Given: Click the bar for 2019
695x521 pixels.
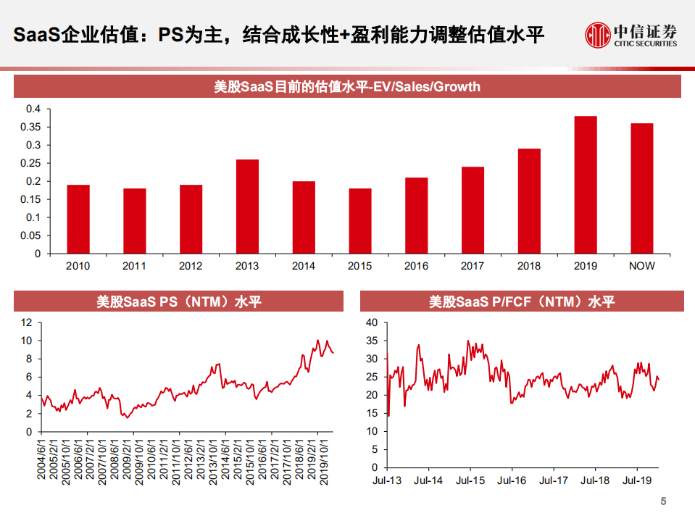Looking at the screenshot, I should pos(585,185).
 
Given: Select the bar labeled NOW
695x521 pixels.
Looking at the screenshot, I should pos(641,188).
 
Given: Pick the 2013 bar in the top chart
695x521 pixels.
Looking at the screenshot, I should pos(247,207).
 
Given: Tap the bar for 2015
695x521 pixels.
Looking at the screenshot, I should pos(359,221).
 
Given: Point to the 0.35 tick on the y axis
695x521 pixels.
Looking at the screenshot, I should pos(33,127).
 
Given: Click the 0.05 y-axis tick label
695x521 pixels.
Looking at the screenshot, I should pos(33,236).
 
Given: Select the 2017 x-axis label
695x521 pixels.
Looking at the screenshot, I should pos(473,266).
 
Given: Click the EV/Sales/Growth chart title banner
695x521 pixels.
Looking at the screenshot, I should pos(347,87).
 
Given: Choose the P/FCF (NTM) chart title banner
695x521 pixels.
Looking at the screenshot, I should pos(522,301).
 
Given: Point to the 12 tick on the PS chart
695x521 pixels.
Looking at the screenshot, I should pos(28,322).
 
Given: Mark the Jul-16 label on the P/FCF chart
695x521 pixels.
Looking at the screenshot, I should pos(512,480).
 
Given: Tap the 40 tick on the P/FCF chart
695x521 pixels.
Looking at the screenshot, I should pos(371,322).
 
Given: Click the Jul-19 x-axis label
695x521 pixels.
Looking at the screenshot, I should pos(636,480).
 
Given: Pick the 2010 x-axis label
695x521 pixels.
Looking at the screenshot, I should pos(78,266).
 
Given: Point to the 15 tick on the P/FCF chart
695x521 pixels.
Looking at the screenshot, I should pos(371,413).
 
